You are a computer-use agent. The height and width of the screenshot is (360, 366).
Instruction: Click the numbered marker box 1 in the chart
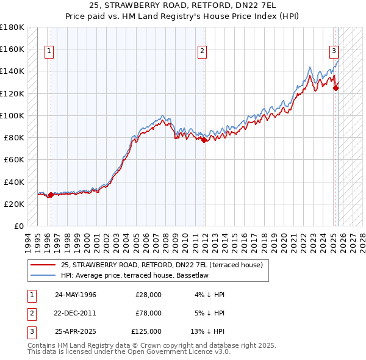coord(49,52)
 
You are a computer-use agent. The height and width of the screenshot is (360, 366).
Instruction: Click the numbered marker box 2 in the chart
coord(202,52)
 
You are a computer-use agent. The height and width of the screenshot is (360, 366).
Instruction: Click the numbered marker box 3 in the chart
coord(334,52)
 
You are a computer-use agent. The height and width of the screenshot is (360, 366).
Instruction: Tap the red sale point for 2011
coord(204,140)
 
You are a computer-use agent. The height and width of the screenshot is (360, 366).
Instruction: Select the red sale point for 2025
coord(336,88)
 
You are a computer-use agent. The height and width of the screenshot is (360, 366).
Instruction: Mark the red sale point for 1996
coord(51,195)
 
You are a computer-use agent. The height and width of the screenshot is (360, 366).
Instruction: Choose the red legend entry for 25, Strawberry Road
coord(162,265)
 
